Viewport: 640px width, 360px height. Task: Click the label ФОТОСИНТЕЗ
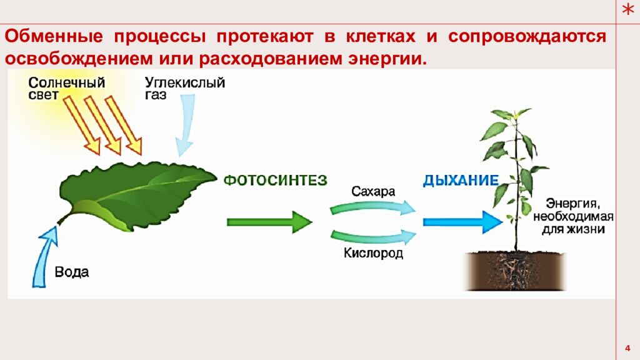276,181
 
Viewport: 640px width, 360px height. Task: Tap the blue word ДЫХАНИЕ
461,181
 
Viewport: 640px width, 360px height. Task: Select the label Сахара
373,192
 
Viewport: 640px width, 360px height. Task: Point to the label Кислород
373,253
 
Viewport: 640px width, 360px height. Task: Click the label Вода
72,272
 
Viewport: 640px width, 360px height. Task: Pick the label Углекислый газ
184,88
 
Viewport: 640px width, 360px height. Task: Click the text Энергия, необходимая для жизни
572,216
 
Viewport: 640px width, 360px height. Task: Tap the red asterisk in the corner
628,9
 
